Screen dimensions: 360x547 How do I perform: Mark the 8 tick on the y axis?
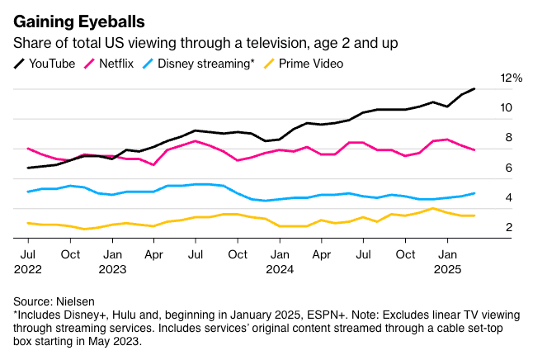click(x=508, y=137)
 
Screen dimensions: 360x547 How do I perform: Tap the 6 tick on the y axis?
click(x=508, y=168)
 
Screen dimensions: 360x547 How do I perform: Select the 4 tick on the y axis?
click(x=508, y=197)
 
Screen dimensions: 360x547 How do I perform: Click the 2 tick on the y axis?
click(x=508, y=227)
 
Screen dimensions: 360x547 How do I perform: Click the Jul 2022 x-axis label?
click(x=27, y=260)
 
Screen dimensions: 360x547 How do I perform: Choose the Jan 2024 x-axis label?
click(x=280, y=260)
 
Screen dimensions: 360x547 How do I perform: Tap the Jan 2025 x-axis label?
click(x=447, y=260)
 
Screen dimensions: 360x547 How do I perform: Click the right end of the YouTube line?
click(x=474, y=88)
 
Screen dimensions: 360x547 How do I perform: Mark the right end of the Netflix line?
click(x=474, y=149)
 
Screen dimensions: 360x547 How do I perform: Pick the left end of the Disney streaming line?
click(x=28, y=192)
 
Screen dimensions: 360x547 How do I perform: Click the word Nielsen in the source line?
click(x=76, y=301)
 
